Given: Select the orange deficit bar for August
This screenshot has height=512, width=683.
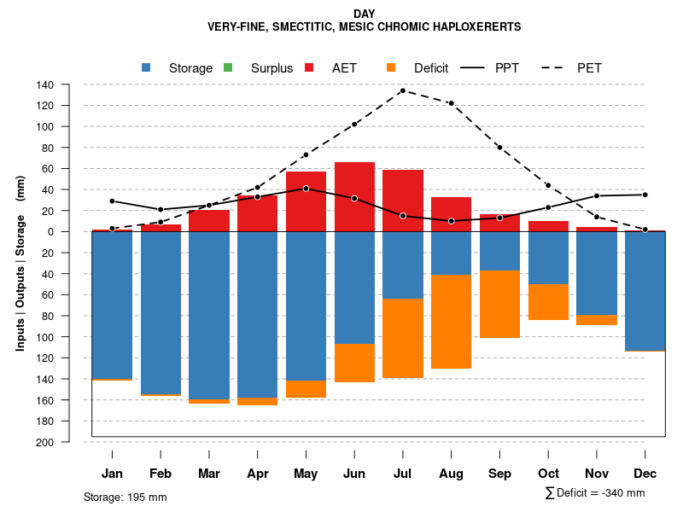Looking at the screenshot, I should (451, 322).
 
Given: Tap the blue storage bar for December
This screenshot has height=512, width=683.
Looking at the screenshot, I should (645, 291).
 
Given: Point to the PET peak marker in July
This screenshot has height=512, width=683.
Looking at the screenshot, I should (402, 90).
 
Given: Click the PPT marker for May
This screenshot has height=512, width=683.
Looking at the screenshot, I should (306, 189).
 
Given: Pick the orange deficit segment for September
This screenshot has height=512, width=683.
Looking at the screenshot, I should (499, 304).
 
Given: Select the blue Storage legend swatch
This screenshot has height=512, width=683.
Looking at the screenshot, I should (146, 68).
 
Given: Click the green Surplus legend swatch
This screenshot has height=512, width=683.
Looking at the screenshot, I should (228, 68).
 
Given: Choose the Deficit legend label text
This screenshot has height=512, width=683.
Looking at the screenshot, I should (431, 68).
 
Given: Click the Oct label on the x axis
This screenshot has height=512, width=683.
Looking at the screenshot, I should (548, 474).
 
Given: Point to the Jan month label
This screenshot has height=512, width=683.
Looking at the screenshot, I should (112, 474).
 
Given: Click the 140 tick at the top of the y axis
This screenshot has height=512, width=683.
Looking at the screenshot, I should (45, 84).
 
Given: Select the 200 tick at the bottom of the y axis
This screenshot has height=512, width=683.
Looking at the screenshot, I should (45, 442).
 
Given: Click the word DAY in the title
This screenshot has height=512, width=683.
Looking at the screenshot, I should (364, 14).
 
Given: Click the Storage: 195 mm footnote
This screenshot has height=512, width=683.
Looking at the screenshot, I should (126, 497).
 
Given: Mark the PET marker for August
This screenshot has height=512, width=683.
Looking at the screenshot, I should (451, 103).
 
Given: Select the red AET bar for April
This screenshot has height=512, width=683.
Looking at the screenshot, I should (257, 213).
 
